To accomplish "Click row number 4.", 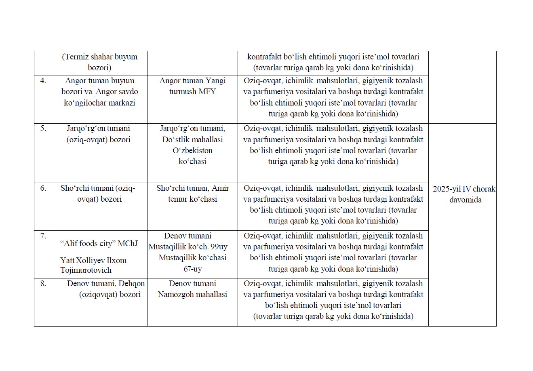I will pos(43,81).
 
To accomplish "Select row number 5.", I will pos(43,129).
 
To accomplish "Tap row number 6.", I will pos(43,188).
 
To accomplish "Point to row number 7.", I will pos(43,236).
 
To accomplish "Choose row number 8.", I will pos(43,284).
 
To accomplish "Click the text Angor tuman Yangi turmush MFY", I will pos(192,86).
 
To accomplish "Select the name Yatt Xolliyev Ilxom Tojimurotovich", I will pos(93,265).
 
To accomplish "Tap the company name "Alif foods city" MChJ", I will pos(99,243).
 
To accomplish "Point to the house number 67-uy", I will pos(192,269).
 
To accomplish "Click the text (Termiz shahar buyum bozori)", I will pos(99,62).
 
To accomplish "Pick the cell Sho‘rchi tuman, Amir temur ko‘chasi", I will pos(192,194).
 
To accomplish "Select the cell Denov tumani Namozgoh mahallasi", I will pos(192,289).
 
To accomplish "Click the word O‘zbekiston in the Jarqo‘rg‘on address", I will pos(192,150).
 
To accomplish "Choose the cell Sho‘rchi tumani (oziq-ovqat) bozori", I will pos(99,194).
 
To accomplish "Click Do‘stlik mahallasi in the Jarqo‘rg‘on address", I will pos(192,139).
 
